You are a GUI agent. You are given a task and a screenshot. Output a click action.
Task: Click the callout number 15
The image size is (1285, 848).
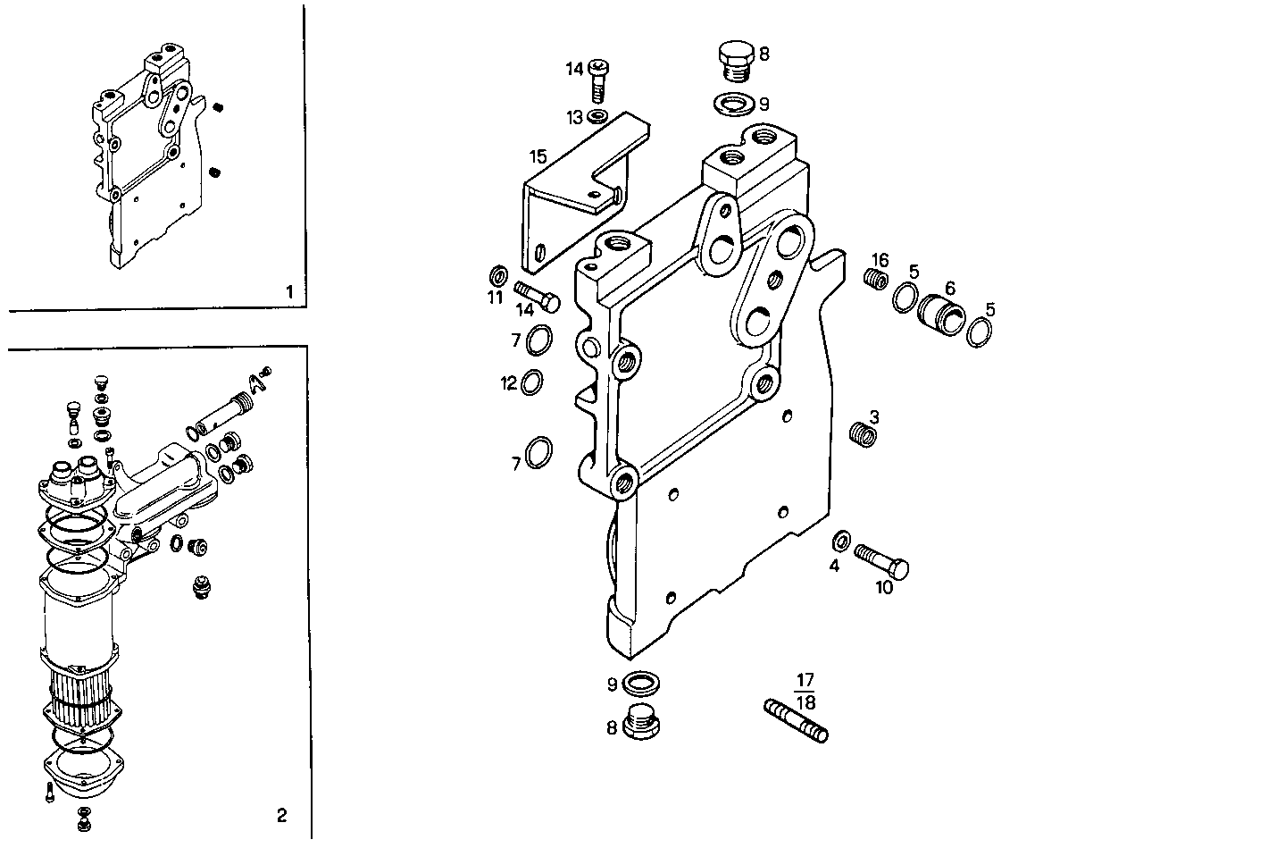click(538, 157)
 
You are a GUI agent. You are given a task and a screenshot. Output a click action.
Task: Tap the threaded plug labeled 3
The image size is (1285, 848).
click(862, 435)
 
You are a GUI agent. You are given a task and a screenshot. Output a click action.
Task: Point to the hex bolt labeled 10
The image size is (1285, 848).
click(883, 559)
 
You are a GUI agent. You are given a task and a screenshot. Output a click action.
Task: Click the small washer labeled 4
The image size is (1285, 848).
click(839, 541)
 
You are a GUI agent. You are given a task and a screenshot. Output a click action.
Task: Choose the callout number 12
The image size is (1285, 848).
click(509, 383)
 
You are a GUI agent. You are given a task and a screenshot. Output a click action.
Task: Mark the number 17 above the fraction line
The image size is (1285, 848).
click(805, 680)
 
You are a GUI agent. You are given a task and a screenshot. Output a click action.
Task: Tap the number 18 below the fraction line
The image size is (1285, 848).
click(805, 702)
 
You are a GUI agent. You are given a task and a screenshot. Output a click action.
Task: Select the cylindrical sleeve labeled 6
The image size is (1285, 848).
click(940, 311)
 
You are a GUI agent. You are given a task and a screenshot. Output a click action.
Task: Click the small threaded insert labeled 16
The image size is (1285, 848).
click(876, 280)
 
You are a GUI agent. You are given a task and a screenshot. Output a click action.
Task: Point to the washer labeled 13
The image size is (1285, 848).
click(598, 116)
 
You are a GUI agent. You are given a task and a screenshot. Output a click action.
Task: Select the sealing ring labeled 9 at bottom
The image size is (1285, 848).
click(640, 685)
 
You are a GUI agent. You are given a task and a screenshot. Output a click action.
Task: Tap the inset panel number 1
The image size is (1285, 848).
click(288, 291)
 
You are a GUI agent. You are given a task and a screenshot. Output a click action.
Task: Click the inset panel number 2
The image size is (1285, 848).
click(282, 814)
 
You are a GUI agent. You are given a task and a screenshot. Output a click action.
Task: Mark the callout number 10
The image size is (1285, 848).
click(883, 587)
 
